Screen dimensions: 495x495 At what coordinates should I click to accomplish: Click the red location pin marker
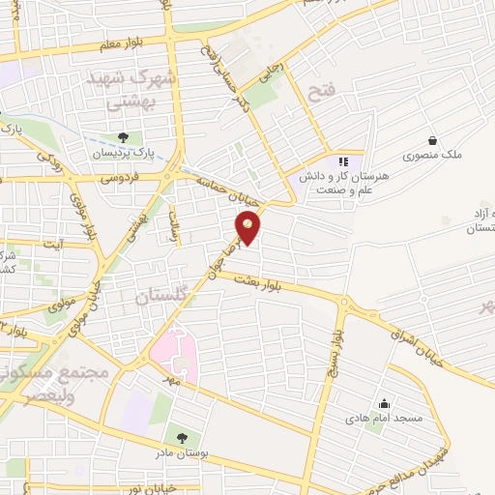click(x=248, y=227)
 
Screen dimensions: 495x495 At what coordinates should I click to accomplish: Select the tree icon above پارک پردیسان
click(x=122, y=138)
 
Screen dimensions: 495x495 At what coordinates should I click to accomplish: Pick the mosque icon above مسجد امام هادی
click(x=384, y=404)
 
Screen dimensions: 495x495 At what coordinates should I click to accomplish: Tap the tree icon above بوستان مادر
click(x=182, y=439)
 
